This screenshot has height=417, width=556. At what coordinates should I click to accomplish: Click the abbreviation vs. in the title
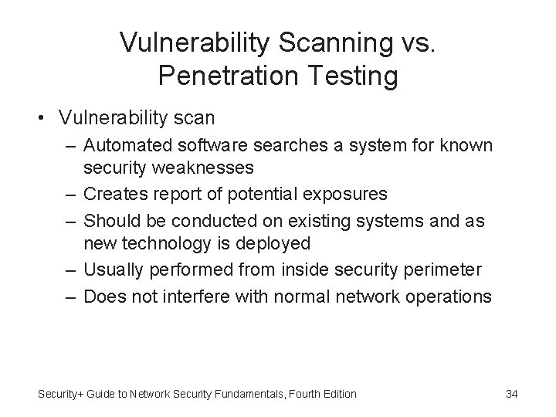point(416,42)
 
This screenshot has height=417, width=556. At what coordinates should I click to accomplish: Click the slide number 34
point(511,394)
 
